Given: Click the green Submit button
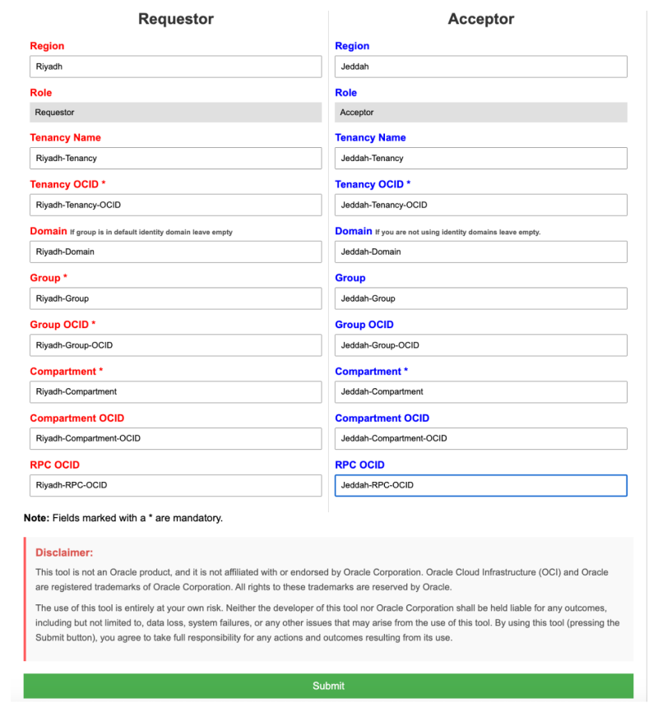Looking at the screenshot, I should click(x=328, y=686).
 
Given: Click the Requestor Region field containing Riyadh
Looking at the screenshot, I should click(x=175, y=67).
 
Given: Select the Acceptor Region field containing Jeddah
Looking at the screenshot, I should click(x=480, y=67).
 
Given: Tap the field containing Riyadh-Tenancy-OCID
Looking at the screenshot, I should click(x=175, y=205).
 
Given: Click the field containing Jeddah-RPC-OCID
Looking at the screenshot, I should click(x=480, y=485).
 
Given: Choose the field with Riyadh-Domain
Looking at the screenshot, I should click(x=175, y=252).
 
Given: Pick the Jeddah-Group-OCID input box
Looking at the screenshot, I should click(x=480, y=345).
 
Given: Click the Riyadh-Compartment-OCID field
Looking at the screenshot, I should click(x=175, y=438).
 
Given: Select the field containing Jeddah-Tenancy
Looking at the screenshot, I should click(x=480, y=158).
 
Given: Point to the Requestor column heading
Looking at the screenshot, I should click(x=176, y=19).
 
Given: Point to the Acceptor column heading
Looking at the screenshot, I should click(x=481, y=19).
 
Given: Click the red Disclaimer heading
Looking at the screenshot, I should click(x=64, y=552).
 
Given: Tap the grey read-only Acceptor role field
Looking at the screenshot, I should click(x=480, y=113).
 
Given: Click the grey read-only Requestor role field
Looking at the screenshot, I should click(x=175, y=113).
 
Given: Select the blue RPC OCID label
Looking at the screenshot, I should click(x=359, y=465).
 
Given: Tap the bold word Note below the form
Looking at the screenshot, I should click(x=37, y=518).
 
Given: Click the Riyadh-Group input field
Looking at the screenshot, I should click(x=175, y=298).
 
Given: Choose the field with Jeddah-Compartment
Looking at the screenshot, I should click(x=480, y=391).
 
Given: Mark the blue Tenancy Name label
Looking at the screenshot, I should click(x=370, y=137).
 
